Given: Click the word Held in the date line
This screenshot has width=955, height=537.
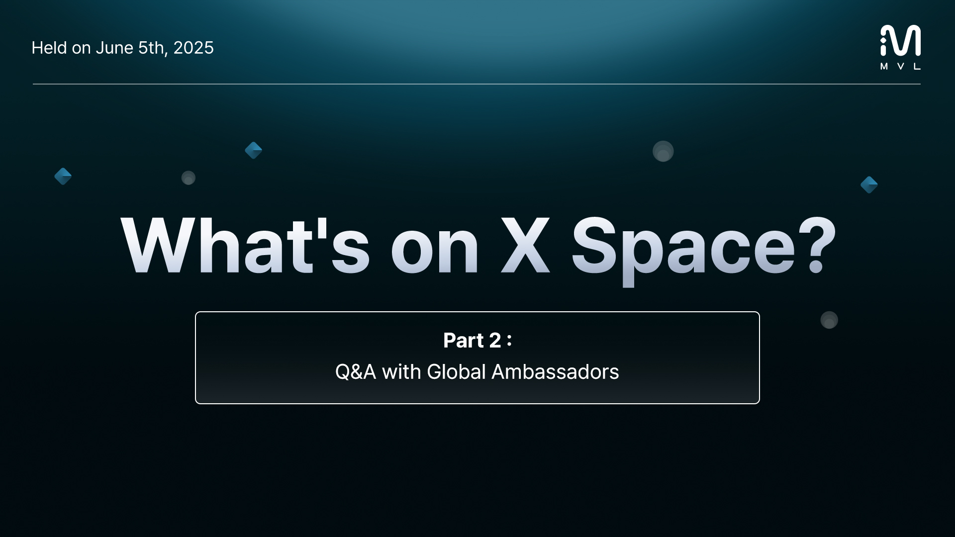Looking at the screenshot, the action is (x=49, y=48).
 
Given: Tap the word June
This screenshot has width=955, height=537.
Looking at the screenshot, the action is (x=114, y=48).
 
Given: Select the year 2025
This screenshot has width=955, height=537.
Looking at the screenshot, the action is (x=193, y=48).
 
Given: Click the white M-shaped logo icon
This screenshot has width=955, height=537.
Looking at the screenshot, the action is (x=900, y=40).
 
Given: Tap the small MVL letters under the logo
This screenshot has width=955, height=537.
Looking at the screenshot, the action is (x=900, y=67).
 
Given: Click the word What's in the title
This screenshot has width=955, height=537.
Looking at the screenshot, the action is (x=245, y=245).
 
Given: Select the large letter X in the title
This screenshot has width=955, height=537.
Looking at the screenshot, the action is (x=525, y=245).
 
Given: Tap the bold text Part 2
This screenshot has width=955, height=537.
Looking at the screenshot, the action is (x=472, y=341).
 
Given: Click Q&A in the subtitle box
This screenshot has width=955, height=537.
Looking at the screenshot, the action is (x=356, y=372).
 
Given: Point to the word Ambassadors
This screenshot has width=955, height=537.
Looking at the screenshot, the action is (x=555, y=372).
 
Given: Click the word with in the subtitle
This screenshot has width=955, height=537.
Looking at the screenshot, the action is (x=401, y=372).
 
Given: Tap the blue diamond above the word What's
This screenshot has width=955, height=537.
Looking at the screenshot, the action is (x=254, y=150).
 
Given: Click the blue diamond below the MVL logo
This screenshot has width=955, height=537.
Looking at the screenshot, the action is (x=869, y=185).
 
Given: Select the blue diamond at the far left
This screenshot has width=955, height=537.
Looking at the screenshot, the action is (x=63, y=176).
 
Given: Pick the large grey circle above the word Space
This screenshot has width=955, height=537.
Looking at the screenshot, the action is (x=663, y=151).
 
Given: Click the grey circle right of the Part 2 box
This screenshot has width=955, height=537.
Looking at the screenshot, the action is (x=829, y=320).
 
